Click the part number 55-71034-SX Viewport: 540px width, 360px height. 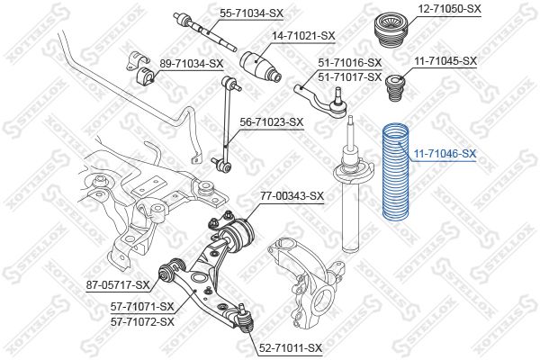(251, 13)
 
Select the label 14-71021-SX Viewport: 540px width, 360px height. (303, 35)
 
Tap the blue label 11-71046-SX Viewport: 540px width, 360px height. (445, 154)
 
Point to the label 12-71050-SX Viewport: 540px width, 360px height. (449, 9)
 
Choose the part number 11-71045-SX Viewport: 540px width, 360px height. (445, 61)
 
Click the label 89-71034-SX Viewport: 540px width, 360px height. (191, 63)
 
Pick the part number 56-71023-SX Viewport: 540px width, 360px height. (272, 122)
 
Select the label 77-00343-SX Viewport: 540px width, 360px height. (292, 196)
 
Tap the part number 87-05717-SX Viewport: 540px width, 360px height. (118, 285)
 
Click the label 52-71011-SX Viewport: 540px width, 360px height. (290, 348)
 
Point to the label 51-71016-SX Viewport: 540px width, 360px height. (349, 63)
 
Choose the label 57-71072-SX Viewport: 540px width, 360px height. (142, 322)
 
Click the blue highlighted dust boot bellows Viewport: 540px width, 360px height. (396, 171)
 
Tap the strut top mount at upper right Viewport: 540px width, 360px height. (391, 31)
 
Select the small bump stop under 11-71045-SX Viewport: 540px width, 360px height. (396, 88)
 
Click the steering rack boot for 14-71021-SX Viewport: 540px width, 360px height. (260, 67)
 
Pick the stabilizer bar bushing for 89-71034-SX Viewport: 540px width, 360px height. (146, 79)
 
